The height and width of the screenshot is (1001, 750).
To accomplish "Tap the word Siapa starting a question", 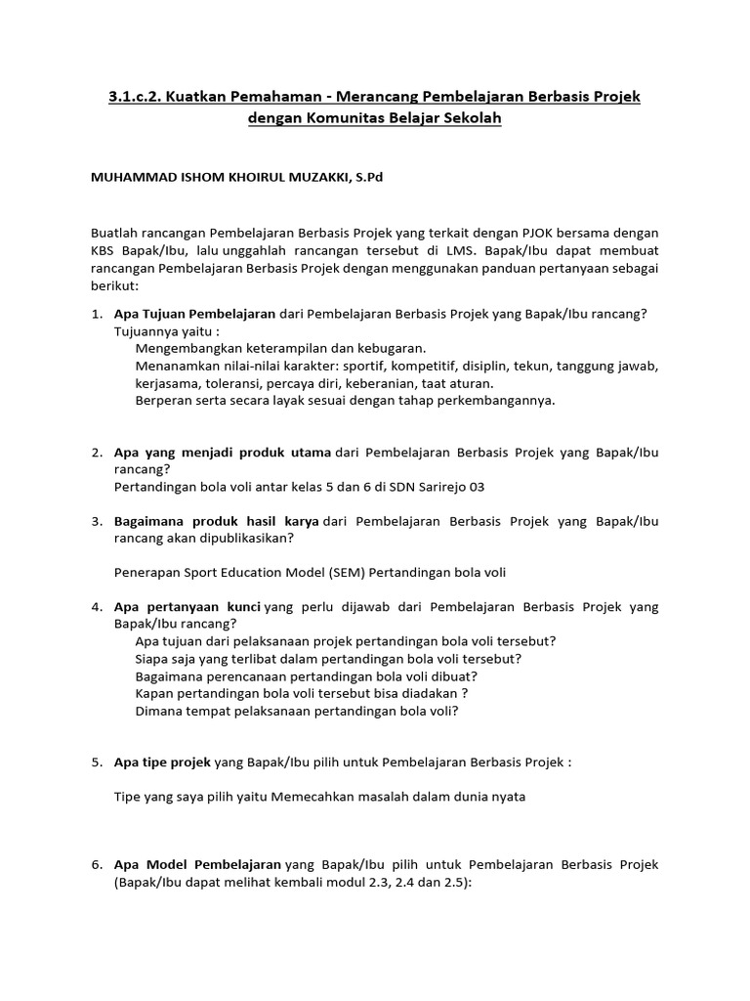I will coord(154,659).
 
